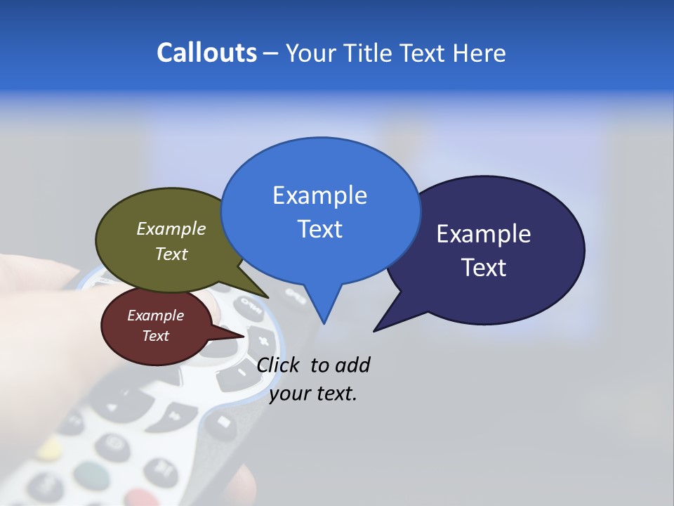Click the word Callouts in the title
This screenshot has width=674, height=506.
pos(206,53)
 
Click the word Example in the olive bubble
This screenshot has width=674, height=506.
pos(171,228)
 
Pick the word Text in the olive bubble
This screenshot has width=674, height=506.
pos(171,254)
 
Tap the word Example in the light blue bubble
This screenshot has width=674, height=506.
pos(319,195)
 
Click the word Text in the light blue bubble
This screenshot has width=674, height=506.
pos(319,229)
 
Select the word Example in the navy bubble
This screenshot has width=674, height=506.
pos(484,234)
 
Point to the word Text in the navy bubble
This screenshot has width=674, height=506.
pos(484,268)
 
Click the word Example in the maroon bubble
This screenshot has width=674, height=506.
pos(155,316)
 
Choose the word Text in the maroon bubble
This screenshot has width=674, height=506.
pos(155,336)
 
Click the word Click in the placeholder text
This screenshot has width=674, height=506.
pos(279,365)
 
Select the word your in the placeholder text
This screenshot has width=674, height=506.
pos(290,394)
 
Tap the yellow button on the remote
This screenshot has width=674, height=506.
pos(49,447)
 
